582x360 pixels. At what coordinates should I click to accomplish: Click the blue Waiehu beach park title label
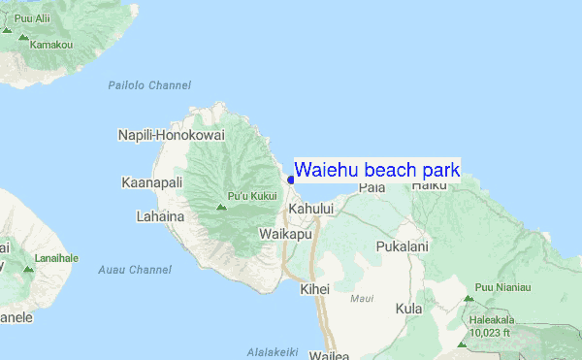(x=376, y=171)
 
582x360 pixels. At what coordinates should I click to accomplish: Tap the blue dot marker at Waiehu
(x=291, y=180)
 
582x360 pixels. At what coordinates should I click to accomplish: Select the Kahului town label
(x=310, y=209)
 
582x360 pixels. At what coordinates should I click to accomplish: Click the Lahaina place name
(x=160, y=216)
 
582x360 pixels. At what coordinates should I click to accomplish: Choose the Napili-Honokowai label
(x=171, y=135)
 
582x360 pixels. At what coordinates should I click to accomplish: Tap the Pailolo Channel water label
(x=149, y=85)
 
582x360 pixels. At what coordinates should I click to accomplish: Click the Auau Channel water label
(x=135, y=269)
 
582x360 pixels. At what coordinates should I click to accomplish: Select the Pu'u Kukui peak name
(x=251, y=196)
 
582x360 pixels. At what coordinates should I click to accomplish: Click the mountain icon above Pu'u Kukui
(x=221, y=205)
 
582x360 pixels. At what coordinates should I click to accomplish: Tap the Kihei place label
(x=315, y=288)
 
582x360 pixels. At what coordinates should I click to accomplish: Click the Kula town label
(x=408, y=309)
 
